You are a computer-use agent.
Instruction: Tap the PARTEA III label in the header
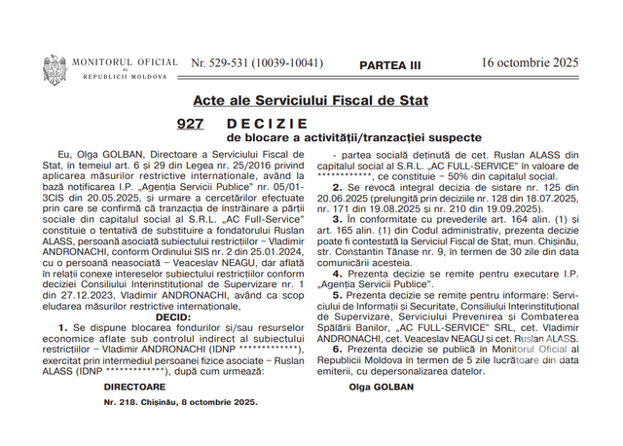point(390,64)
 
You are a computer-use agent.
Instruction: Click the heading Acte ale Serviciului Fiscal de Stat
point(311,100)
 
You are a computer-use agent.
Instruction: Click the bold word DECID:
point(173,316)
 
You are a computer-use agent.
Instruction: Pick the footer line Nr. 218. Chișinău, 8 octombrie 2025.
point(181,402)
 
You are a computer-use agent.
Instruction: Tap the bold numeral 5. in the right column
point(338,293)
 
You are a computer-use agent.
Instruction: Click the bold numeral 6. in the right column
point(338,348)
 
